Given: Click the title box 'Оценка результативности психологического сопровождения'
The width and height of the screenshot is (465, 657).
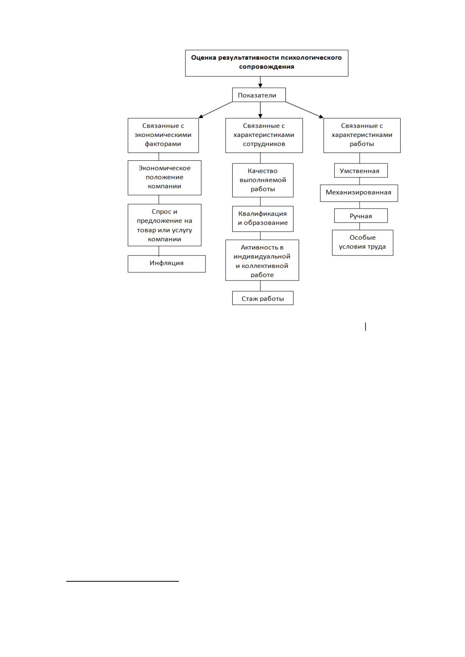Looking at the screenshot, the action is click(266, 63).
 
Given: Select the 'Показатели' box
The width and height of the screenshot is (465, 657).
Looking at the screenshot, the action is click(258, 95).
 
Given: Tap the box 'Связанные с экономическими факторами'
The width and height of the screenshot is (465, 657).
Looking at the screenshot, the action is click(163, 135).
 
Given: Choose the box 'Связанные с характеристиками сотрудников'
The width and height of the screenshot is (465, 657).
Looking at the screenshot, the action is click(264, 135).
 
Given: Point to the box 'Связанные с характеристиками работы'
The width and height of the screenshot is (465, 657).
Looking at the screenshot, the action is click(362, 135).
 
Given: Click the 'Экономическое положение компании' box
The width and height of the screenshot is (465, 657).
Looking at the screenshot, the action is click(164, 178).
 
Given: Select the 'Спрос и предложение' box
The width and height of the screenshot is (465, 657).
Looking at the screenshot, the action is click(164, 225).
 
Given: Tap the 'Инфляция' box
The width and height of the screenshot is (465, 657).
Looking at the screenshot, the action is click(166, 264).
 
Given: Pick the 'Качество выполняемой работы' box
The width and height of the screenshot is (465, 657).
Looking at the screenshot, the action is click(263, 180).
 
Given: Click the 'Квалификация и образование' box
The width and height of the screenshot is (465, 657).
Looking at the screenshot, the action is click(263, 218).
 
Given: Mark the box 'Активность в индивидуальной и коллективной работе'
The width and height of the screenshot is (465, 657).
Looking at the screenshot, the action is click(262, 260).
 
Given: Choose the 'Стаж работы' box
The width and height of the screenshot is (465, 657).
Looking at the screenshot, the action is click(263, 298).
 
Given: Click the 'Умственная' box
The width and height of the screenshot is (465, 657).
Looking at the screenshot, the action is click(361, 170).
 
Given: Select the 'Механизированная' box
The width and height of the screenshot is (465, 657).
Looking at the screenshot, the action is click(359, 193).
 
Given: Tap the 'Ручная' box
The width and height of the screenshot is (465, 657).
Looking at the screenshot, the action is click(361, 216).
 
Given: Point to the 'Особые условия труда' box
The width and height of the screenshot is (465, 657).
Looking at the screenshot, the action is click(363, 243).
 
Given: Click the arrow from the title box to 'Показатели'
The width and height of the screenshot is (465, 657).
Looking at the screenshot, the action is click(260, 82).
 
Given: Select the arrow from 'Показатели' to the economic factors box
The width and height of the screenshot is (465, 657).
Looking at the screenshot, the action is click(216, 110).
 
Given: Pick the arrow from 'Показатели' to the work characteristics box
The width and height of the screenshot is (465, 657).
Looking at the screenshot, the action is click(305, 110).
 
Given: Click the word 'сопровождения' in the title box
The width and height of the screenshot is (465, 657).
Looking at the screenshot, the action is click(267, 67).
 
